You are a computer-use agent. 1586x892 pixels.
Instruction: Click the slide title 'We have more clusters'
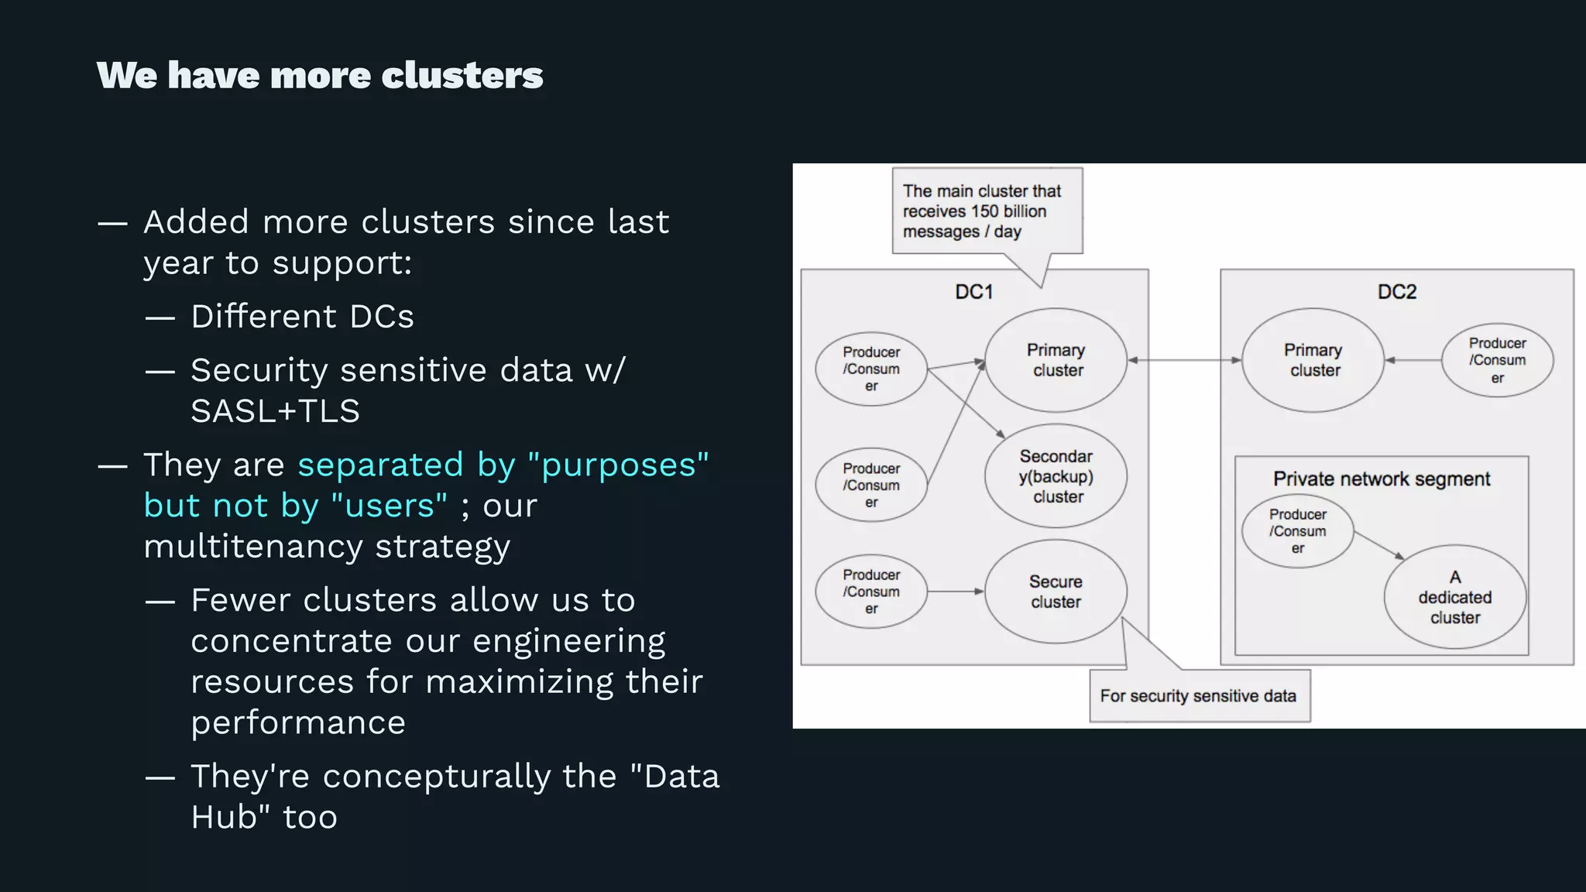(x=320, y=75)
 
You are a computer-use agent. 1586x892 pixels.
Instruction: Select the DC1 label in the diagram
(x=973, y=292)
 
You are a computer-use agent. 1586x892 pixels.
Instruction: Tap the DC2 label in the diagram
(x=1396, y=292)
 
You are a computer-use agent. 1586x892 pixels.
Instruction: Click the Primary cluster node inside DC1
(x=1056, y=360)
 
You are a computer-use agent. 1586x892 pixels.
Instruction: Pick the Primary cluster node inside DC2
(x=1313, y=360)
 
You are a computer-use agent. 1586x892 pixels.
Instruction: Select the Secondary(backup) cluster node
(x=1056, y=476)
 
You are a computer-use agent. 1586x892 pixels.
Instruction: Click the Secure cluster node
(x=1056, y=592)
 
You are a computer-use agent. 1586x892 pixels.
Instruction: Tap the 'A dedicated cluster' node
(x=1454, y=597)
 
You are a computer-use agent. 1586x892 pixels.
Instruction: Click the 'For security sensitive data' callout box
(x=1199, y=696)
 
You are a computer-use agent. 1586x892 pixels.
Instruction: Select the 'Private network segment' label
(x=1381, y=479)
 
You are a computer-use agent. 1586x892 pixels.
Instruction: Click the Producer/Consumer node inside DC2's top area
(x=1497, y=360)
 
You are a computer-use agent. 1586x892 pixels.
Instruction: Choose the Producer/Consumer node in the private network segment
(x=1297, y=531)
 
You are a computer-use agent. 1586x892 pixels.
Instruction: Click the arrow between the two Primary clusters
(x=1184, y=360)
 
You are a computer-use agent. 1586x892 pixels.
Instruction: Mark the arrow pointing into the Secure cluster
(x=955, y=592)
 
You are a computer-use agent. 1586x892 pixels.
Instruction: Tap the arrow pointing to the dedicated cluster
(x=1379, y=544)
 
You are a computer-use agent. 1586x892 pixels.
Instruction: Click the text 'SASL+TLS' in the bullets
(x=275, y=411)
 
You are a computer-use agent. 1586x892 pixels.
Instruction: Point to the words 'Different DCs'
(x=302, y=317)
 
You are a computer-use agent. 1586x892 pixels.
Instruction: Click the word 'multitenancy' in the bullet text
(x=253, y=547)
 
